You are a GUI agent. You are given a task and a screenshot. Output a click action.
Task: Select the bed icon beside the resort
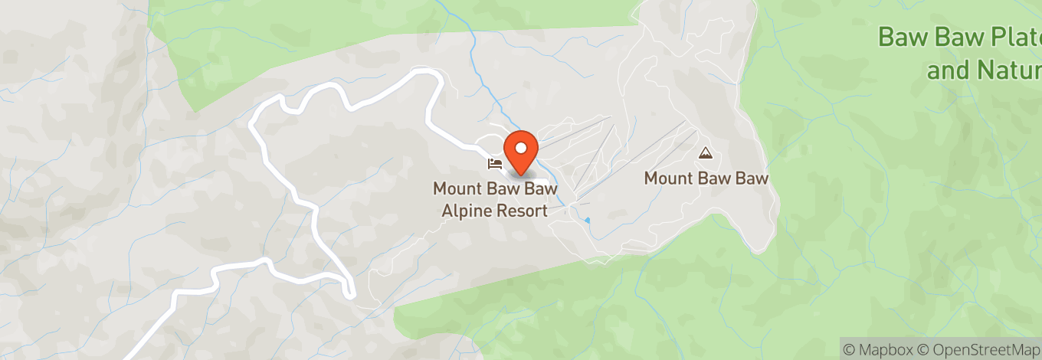click(494, 163)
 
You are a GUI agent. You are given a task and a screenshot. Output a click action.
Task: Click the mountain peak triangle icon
click(705, 153)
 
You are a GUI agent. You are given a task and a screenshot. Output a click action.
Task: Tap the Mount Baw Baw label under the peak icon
click(706, 178)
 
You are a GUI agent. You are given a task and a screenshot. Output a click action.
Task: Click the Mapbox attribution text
click(880, 348)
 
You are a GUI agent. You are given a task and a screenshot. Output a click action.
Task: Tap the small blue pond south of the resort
click(587, 221)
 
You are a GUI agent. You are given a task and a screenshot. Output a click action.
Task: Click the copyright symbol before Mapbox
click(849, 348)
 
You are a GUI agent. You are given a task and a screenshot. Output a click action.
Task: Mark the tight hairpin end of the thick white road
click(351, 292)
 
